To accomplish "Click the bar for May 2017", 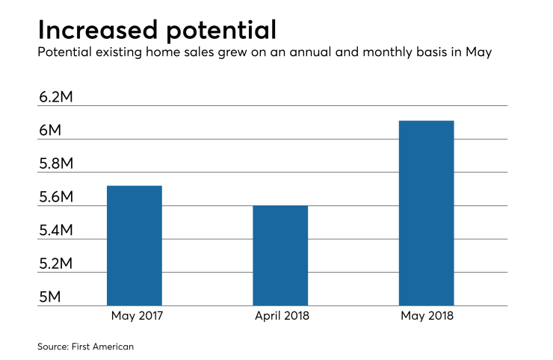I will (135, 245).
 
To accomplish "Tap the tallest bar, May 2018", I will (427, 213).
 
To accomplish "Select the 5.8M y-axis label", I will (60, 164).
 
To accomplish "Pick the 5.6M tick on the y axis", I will (60, 197).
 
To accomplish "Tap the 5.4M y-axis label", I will (60, 231).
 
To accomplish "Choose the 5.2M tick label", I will (60, 264).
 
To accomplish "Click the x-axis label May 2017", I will (135, 316).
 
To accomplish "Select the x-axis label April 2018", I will (280, 316).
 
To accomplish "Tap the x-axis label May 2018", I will (427, 316).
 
